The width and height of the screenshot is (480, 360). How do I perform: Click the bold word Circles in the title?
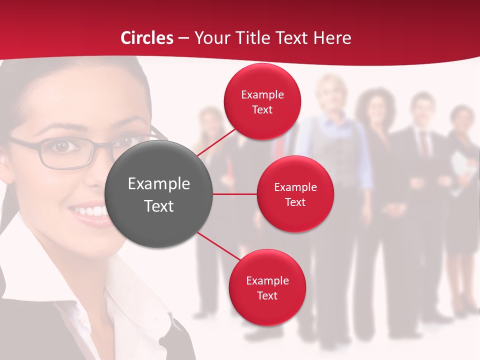tap(147, 38)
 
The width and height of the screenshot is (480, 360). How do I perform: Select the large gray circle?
tap(159, 194)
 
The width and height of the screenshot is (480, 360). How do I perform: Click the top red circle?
tap(262, 101)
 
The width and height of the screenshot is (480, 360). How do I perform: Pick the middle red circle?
tap(295, 194)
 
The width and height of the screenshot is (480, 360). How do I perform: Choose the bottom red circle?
tap(267, 287)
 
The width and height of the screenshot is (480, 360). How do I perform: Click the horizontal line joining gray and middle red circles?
tap(235, 194)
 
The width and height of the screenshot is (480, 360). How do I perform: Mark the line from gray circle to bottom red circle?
tap(218, 247)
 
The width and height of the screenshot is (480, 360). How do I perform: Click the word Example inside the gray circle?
tap(159, 183)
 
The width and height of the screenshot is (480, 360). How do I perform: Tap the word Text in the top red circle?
tap(262, 109)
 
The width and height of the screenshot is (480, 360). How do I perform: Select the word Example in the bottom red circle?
tap(267, 280)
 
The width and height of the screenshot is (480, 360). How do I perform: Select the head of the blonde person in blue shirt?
tap(331, 92)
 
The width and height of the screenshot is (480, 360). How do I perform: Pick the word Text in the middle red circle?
tap(295, 202)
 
